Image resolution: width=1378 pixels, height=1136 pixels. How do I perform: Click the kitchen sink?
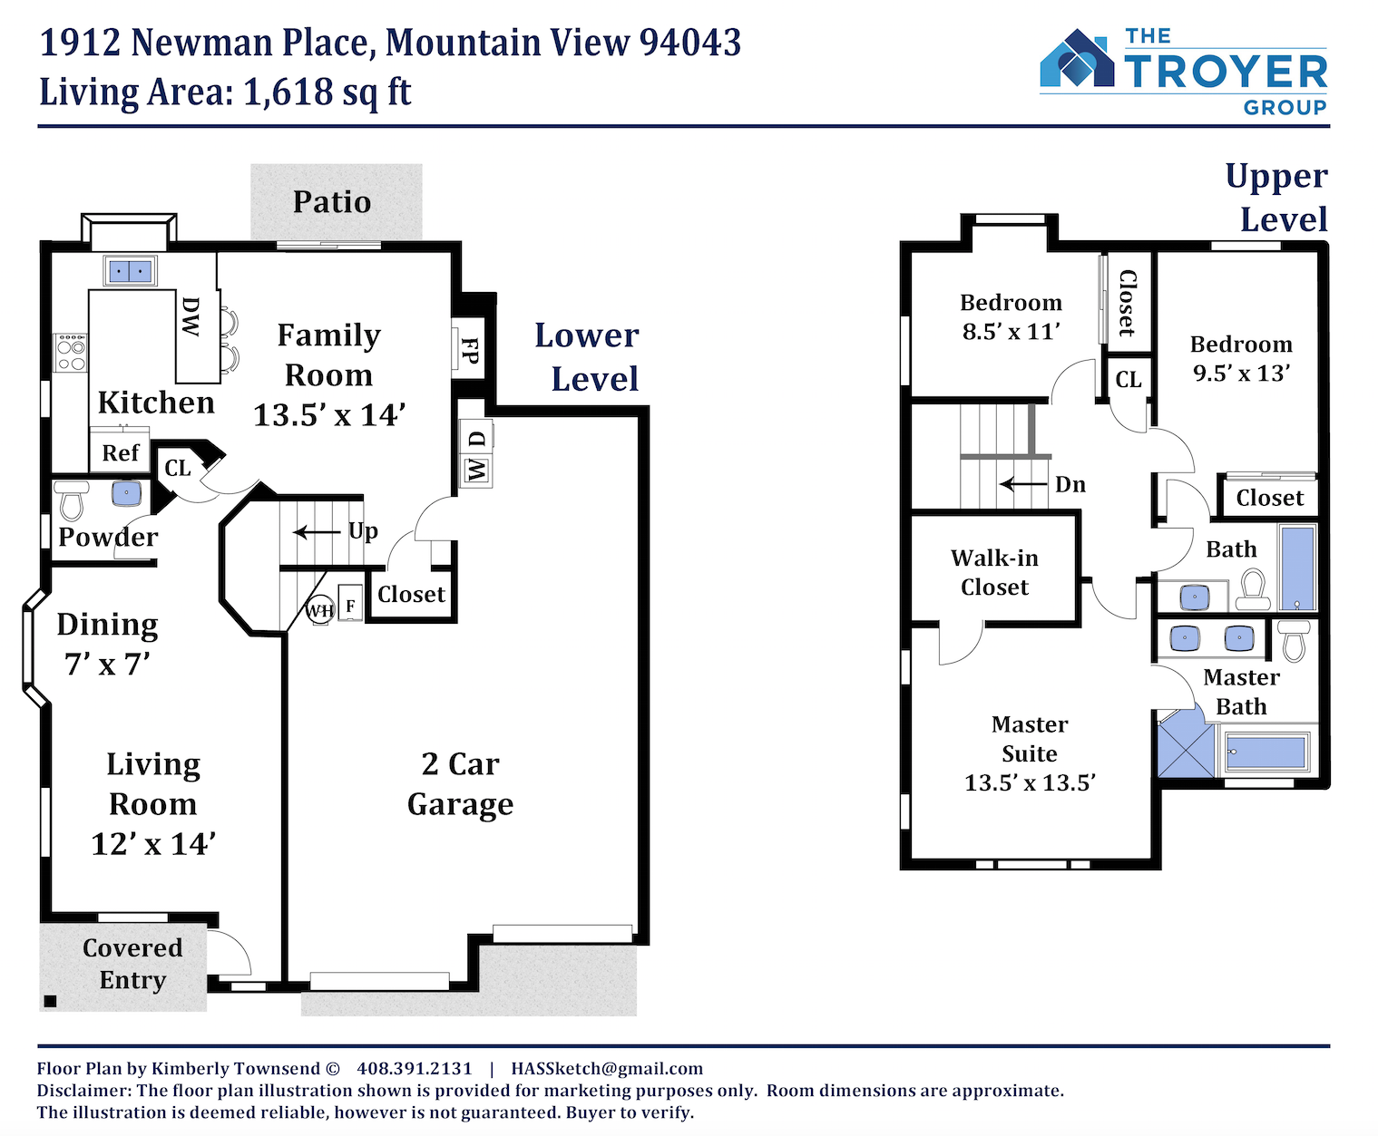[130, 270]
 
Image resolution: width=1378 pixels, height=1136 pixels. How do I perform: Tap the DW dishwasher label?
[191, 316]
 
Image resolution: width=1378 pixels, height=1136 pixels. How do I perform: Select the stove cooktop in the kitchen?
[70, 353]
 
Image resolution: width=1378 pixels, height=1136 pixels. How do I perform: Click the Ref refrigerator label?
[120, 453]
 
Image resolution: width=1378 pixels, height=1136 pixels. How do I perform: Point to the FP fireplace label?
[469, 350]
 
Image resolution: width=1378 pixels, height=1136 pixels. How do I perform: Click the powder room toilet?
[72, 500]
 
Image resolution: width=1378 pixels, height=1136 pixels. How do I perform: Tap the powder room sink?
[126, 493]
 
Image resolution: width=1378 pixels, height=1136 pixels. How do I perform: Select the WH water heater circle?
[320, 610]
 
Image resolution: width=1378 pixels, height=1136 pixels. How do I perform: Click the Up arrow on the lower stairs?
[317, 531]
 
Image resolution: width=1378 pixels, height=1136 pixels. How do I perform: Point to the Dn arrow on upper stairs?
[1023, 484]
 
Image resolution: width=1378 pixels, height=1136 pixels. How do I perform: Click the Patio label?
[332, 202]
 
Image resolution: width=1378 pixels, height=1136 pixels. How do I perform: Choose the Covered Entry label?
[132, 964]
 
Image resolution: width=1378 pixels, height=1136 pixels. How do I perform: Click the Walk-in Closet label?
[994, 573]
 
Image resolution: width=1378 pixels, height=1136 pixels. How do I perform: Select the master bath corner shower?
[1186, 742]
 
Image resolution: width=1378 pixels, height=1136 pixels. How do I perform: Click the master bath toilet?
[1294, 641]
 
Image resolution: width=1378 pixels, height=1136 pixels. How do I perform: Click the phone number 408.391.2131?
[415, 1069]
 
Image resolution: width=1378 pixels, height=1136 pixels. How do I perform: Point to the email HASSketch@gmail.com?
[607, 1069]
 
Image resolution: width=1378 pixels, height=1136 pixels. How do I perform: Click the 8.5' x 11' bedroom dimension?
[1012, 331]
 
